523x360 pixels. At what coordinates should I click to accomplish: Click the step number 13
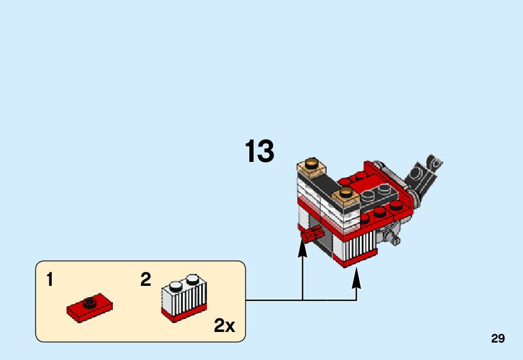[x=259, y=151]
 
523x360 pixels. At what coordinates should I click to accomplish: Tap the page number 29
[x=497, y=339]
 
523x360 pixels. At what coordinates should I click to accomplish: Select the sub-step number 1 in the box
[x=50, y=280]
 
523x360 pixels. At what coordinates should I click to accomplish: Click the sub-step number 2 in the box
[x=146, y=280]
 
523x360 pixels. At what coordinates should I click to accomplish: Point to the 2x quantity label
[x=224, y=325]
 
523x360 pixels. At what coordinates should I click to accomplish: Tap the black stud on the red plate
[x=89, y=303]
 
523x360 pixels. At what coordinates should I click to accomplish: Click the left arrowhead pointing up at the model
[x=302, y=249]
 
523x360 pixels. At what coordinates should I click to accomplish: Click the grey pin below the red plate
[x=391, y=237]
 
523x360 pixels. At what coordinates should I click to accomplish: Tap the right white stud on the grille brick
[x=193, y=278]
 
